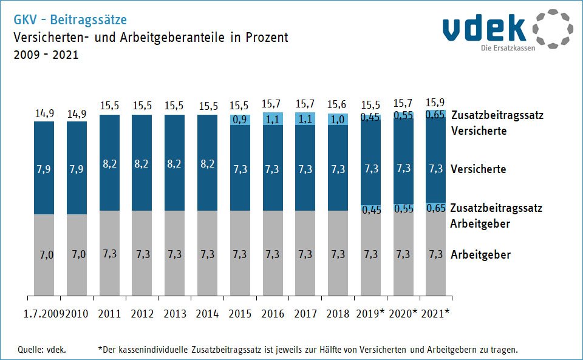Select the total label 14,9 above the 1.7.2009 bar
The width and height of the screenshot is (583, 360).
coord(44,113)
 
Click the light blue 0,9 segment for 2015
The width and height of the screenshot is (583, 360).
coord(240,120)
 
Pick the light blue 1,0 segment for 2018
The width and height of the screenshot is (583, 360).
coord(338,120)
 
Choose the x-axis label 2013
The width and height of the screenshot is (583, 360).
coord(175,314)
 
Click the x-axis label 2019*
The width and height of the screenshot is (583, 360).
coord(370,314)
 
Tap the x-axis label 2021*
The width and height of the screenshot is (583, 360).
coord(435,314)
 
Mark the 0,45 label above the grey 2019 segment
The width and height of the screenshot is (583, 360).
coord(370,210)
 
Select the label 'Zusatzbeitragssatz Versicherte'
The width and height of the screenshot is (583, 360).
coord(496,123)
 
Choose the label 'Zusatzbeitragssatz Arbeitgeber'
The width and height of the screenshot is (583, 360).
coord(496,216)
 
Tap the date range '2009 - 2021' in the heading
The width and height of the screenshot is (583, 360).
coord(46,55)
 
